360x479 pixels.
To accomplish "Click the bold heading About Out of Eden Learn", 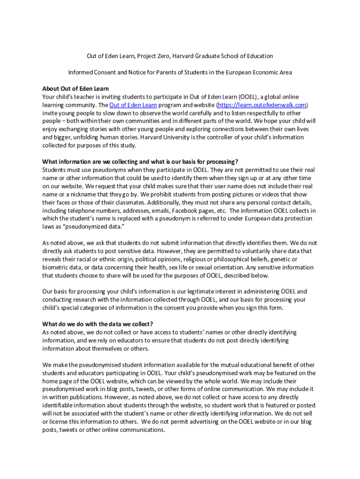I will pos(75,88).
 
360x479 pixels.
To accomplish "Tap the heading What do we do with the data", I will pos(97,324).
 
